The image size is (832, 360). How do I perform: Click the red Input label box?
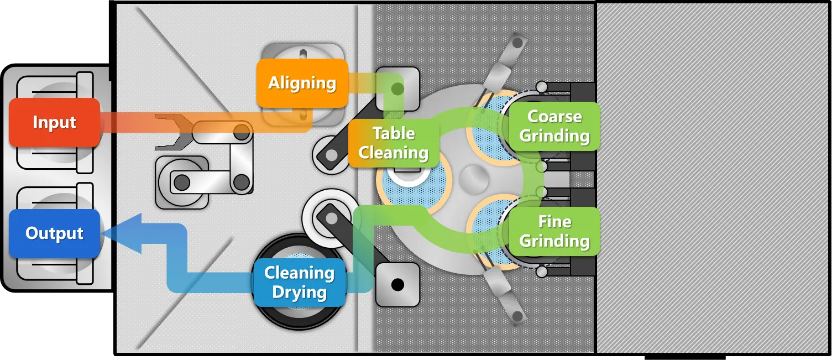click(x=54, y=122)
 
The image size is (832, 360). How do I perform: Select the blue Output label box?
click(x=54, y=233)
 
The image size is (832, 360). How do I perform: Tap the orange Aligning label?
click(x=302, y=83)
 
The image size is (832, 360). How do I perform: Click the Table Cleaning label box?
click(x=394, y=143)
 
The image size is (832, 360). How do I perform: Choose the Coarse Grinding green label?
click(x=554, y=126)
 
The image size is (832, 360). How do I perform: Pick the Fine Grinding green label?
click(x=554, y=231)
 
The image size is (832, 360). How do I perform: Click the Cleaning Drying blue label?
click(x=299, y=282)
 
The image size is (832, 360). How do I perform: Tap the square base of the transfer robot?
click(x=181, y=182)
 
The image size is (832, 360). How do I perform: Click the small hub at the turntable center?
click(x=474, y=179)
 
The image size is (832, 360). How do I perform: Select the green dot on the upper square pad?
click(x=397, y=88)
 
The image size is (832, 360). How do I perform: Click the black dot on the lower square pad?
click(x=397, y=285)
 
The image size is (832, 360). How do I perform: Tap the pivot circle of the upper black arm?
click(x=331, y=156)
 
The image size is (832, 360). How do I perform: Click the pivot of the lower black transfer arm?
click(x=331, y=218)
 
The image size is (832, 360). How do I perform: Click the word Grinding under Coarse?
click(x=554, y=136)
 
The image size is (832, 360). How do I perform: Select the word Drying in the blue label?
click(x=299, y=293)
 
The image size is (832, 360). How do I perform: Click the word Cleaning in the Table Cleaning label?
click(x=394, y=153)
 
